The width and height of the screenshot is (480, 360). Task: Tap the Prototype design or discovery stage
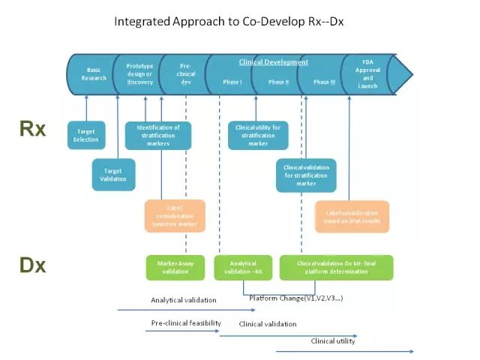click(x=139, y=73)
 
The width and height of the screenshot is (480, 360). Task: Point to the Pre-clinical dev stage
click(x=186, y=73)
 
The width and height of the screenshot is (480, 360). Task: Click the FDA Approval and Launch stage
click(x=367, y=73)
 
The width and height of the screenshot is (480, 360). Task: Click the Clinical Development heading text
click(x=274, y=62)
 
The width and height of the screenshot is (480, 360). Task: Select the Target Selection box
click(x=85, y=135)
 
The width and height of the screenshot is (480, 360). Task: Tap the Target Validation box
click(x=113, y=175)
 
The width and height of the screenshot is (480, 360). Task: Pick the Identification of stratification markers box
click(x=158, y=135)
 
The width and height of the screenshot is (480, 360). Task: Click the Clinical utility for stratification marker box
click(x=258, y=135)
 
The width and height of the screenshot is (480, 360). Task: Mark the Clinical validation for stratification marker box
click(x=306, y=175)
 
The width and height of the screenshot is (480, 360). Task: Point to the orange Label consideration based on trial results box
click(x=352, y=216)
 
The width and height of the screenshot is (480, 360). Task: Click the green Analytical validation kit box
click(x=242, y=267)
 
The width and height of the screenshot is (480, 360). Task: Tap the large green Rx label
click(x=33, y=129)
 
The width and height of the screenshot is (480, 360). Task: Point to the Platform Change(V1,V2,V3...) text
click(x=296, y=298)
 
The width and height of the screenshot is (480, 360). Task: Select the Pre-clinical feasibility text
click(x=186, y=322)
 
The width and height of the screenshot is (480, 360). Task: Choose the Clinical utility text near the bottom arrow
click(x=333, y=341)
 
